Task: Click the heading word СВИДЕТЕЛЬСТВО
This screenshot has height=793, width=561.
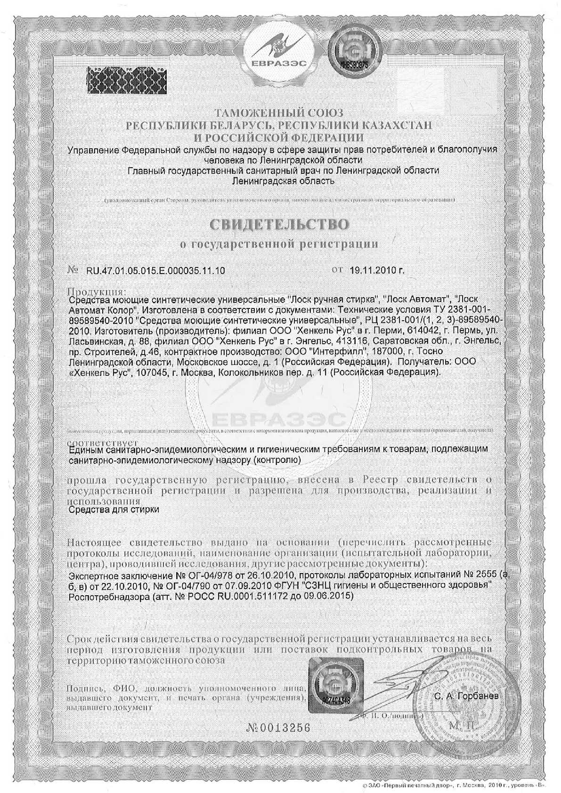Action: (x=280, y=224)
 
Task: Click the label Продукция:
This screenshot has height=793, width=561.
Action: (x=97, y=291)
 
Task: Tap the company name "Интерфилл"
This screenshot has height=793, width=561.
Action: (x=346, y=351)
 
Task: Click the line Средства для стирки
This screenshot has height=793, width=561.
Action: (x=114, y=510)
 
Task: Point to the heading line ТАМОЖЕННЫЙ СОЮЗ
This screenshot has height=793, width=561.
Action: (x=279, y=113)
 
